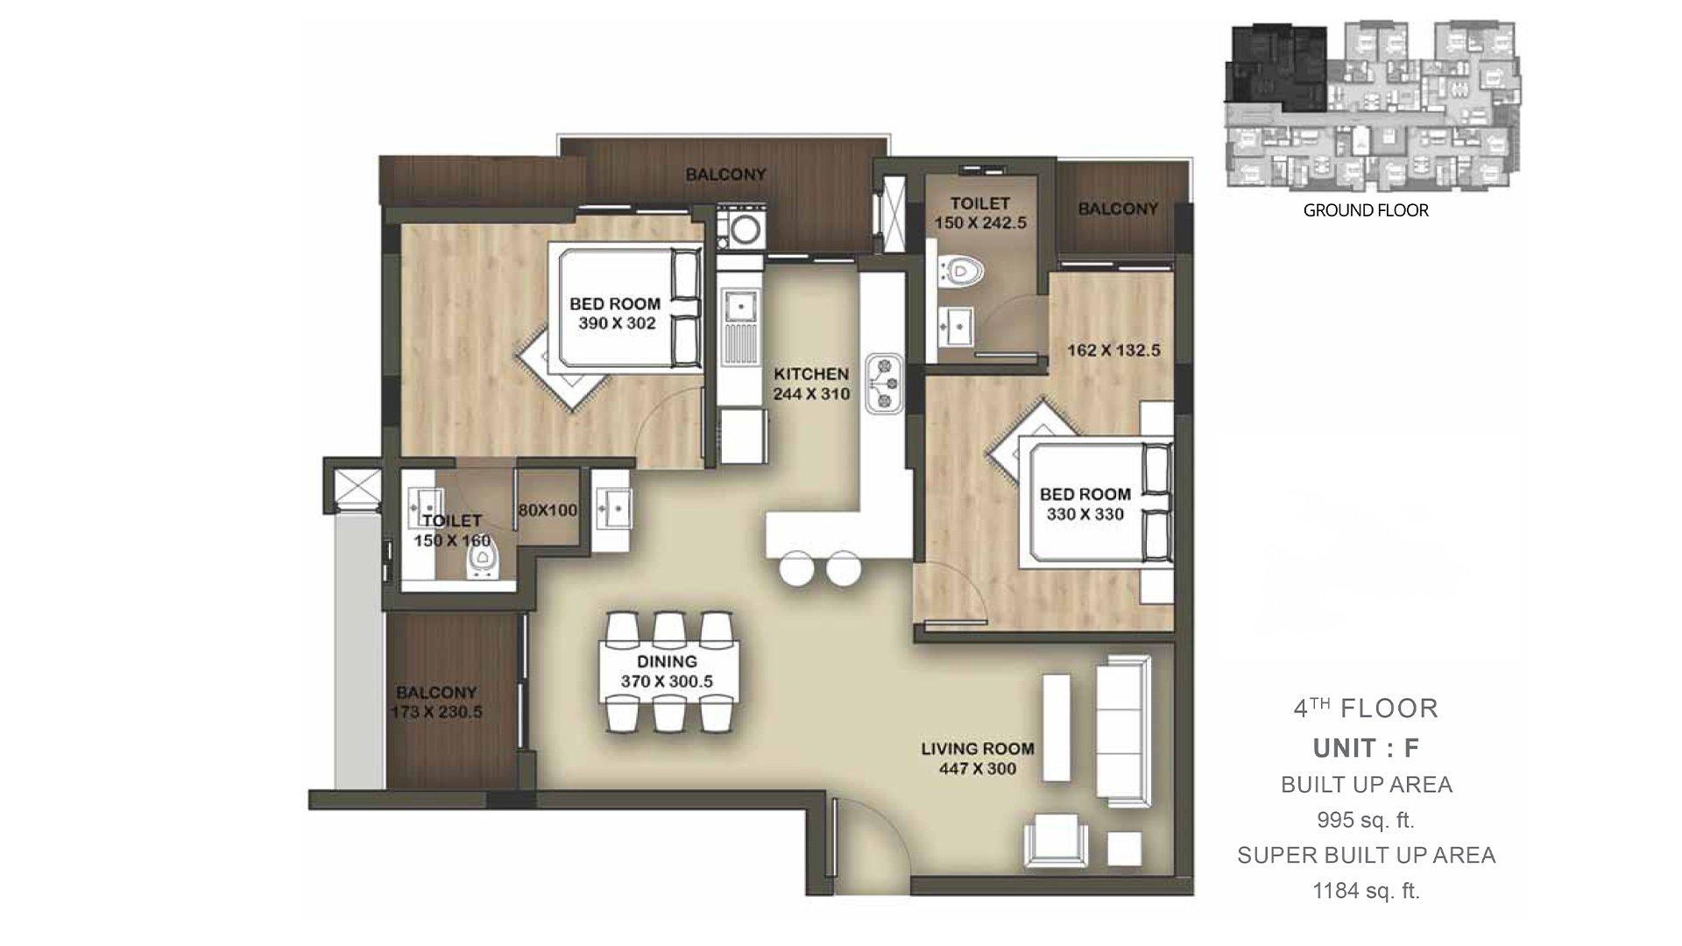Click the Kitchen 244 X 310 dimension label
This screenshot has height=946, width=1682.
pyautogui.click(x=811, y=384)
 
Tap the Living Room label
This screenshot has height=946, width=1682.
pyautogui.click(x=978, y=749)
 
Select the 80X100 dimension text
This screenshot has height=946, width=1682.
pyautogui.click(x=548, y=510)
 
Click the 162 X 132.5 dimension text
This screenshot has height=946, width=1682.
pyautogui.click(x=1113, y=350)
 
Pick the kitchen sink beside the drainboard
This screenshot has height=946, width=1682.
pyautogui.click(x=741, y=307)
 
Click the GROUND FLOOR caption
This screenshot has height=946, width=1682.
pyautogui.click(x=1366, y=210)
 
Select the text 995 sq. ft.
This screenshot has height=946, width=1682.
pyautogui.click(x=1366, y=821)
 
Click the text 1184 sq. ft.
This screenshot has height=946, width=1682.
pyautogui.click(x=1366, y=892)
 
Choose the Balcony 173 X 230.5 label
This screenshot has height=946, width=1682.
pyautogui.click(x=436, y=702)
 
